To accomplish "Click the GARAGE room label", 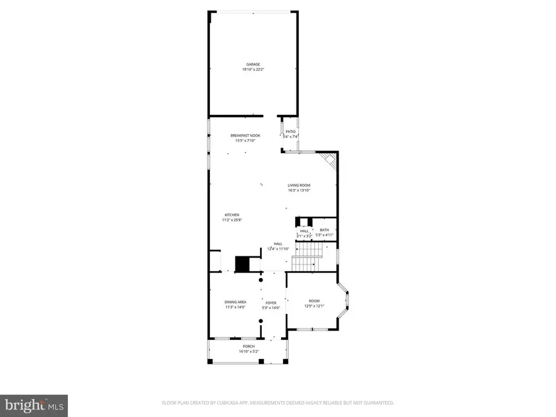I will (x=253, y=64).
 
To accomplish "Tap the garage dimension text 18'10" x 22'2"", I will (x=253, y=69).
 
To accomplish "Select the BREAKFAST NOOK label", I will (x=245, y=135).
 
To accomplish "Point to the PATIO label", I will (x=290, y=132).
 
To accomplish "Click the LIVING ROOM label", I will (x=298, y=185).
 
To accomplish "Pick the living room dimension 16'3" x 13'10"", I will (x=298, y=190).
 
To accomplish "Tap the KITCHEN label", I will (x=232, y=215).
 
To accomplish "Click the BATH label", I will (x=324, y=230).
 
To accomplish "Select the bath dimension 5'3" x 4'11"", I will (x=324, y=235).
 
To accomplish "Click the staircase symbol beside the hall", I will (x=307, y=257).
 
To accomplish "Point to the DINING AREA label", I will (x=235, y=302).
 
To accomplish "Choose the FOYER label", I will (x=271, y=303).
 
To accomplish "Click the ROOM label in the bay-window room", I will (x=314, y=301).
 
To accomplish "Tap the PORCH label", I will (x=249, y=347).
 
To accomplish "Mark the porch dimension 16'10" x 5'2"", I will (x=249, y=352).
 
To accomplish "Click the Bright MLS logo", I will (x=34, y=405).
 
